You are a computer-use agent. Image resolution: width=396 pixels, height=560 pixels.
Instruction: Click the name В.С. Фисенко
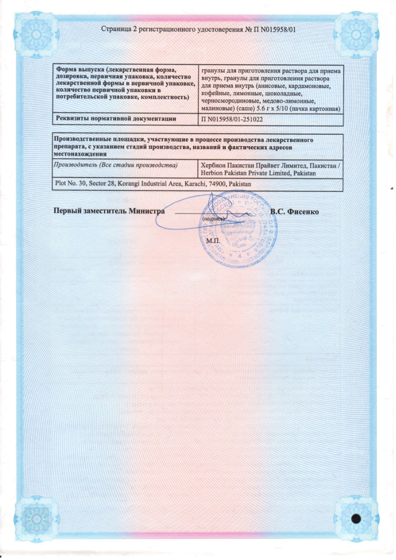click(294, 211)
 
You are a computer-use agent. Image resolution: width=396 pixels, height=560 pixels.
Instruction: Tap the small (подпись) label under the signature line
click(213, 218)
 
